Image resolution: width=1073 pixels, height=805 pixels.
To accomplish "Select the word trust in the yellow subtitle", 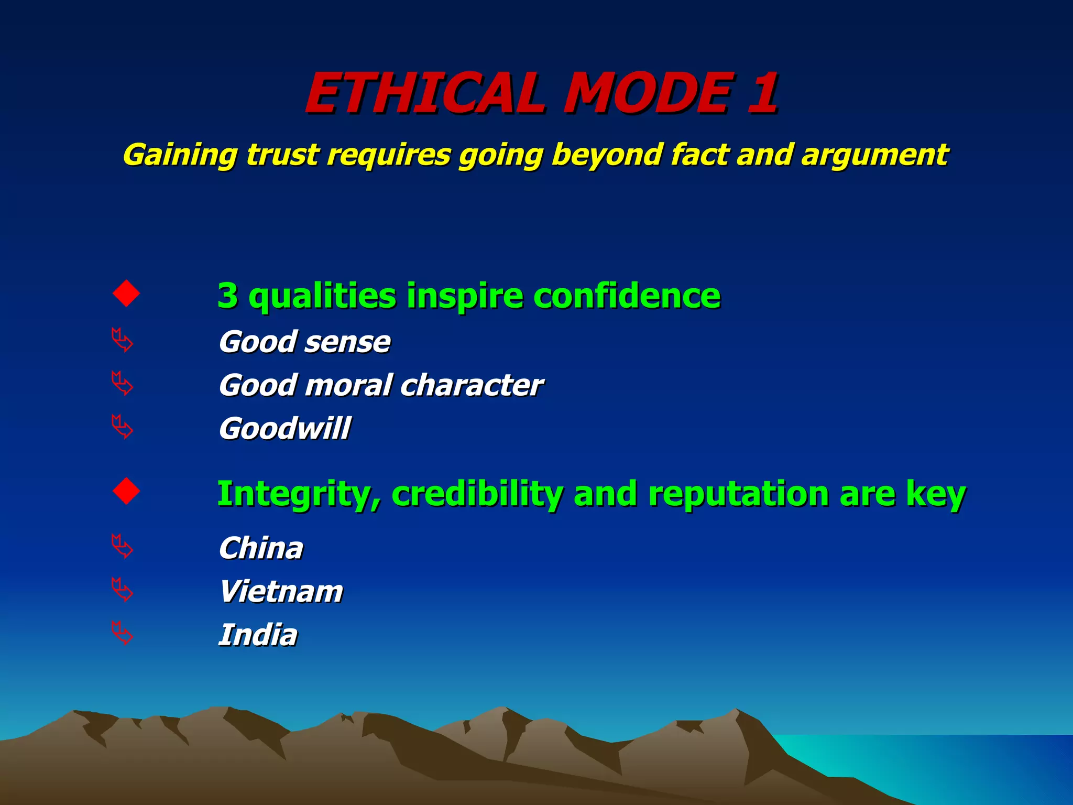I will coord(282,155).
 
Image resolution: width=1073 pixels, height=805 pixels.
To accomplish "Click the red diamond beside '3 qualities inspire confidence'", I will coord(126,293).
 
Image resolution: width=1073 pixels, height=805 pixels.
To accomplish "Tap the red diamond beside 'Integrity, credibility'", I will coord(126,491).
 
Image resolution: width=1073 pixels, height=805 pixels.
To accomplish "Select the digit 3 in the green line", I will coord(227,296).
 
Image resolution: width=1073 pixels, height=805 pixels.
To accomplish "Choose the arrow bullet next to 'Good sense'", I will coord(123,341).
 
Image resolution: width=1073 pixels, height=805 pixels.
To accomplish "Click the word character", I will coord(472,386).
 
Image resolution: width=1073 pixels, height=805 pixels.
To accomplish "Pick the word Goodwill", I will coord(284,429).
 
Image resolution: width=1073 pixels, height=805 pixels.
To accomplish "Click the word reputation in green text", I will coord(739,494).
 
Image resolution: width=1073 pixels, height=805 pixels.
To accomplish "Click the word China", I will coord(261,548).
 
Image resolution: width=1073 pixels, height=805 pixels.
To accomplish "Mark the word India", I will coord(258,635).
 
